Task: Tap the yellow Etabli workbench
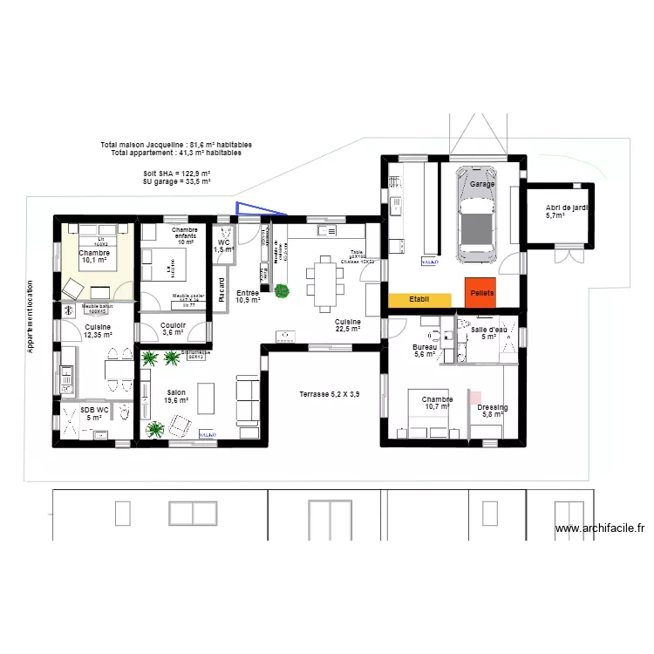(x=419, y=299)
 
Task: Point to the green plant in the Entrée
(x=282, y=291)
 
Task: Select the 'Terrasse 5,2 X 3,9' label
(x=329, y=394)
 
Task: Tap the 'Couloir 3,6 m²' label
(x=174, y=329)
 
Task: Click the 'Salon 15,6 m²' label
(x=177, y=397)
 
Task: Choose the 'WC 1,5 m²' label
(x=223, y=246)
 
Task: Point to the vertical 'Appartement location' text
(x=30, y=317)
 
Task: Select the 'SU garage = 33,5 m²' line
(x=177, y=182)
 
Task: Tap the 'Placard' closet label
(x=221, y=289)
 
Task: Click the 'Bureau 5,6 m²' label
(x=425, y=351)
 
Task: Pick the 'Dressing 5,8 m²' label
(x=494, y=411)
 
